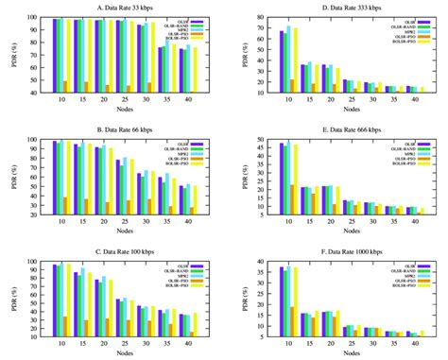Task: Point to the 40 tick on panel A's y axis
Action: click(x=42, y=93)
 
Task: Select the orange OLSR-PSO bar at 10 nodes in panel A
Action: click(x=65, y=87)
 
